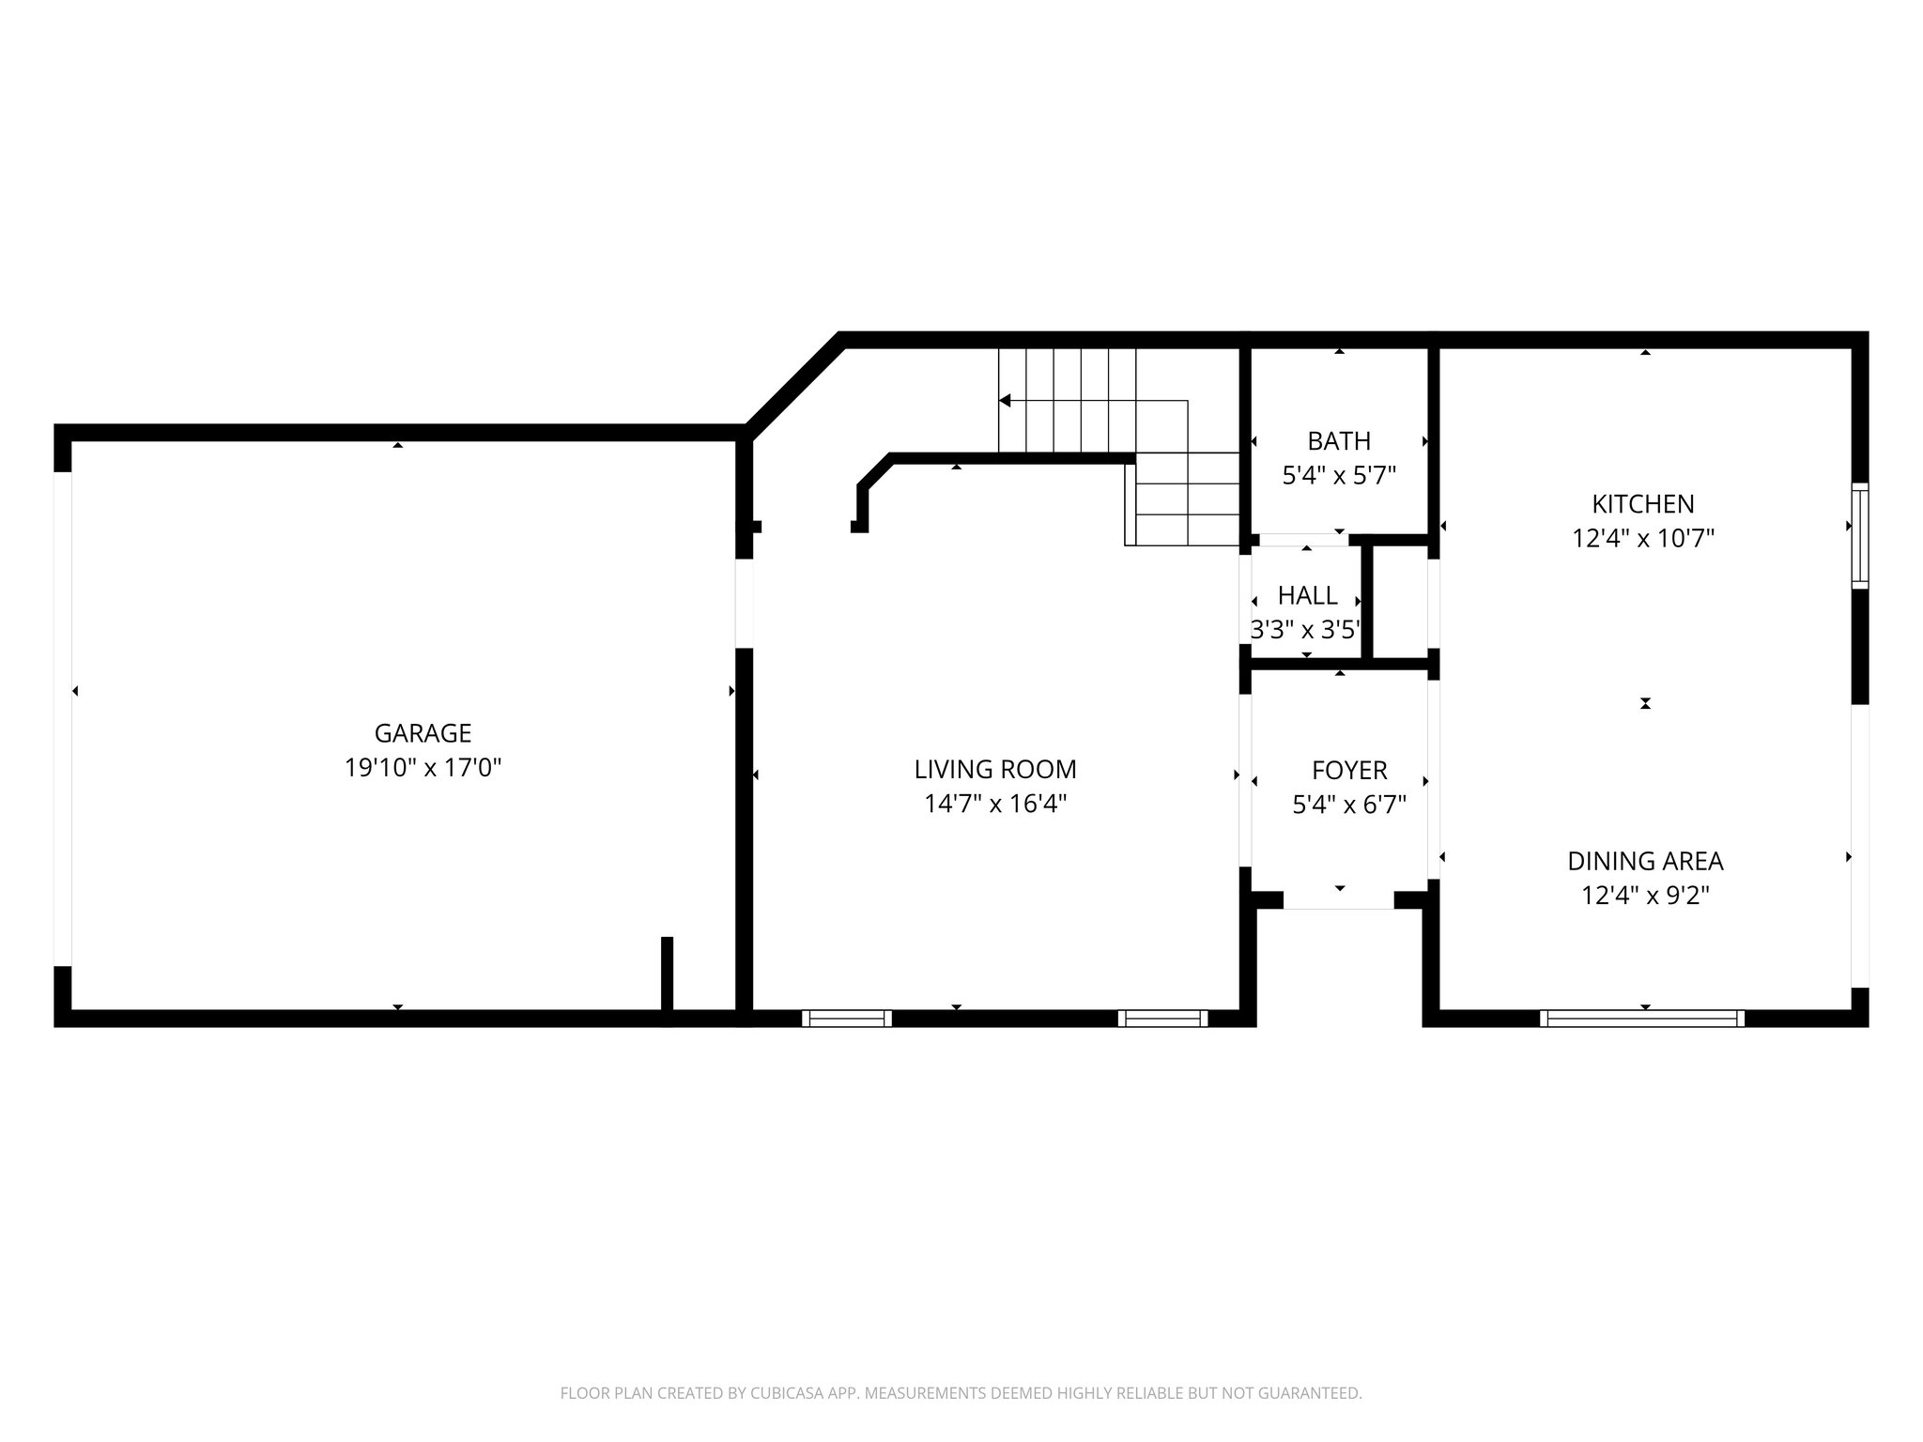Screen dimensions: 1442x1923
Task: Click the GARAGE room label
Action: pyautogui.click(x=423, y=733)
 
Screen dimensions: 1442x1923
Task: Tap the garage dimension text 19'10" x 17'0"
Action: pyautogui.click(x=423, y=768)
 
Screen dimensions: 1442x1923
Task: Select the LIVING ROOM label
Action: pyautogui.click(x=995, y=770)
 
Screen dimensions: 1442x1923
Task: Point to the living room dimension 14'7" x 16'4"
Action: pyautogui.click(x=995, y=805)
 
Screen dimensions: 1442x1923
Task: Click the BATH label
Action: pyautogui.click(x=1339, y=441)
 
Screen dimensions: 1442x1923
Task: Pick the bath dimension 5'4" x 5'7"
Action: pyautogui.click(x=1339, y=476)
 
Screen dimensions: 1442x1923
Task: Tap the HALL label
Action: pyautogui.click(x=1307, y=595)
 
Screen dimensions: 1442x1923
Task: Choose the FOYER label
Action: pyautogui.click(x=1349, y=771)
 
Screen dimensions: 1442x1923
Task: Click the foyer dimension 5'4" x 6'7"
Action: pyautogui.click(x=1349, y=805)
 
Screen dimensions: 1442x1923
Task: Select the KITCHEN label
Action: pyautogui.click(x=1643, y=504)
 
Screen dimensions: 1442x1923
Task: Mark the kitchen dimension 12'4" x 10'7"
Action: pyautogui.click(x=1643, y=539)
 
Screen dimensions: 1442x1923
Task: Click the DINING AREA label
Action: pyautogui.click(x=1645, y=861)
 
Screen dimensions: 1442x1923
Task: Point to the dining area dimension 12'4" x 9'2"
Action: pyautogui.click(x=1645, y=896)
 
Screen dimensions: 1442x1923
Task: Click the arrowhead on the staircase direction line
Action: pyautogui.click(x=1005, y=401)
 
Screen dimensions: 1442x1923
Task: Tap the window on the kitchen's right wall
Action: pyautogui.click(x=1859, y=536)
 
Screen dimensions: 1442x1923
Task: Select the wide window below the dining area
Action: pyautogui.click(x=1641, y=1018)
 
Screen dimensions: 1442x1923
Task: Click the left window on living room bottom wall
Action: pyautogui.click(x=846, y=1018)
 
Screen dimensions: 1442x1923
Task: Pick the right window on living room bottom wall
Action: pyautogui.click(x=1162, y=1018)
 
